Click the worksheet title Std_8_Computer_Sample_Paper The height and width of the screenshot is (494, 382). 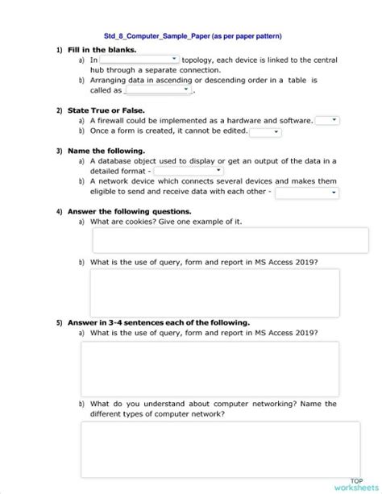(x=193, y=36)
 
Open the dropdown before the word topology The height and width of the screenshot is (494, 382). (x=139, y=60)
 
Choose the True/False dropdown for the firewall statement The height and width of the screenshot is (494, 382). (x=327, y=120)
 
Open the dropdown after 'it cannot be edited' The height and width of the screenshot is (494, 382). (x=265, y=131)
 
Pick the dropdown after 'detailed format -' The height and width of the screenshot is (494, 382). (x=189, y=171)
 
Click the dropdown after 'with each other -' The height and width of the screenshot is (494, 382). (x=307, y=193)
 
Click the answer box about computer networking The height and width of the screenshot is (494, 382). (x=209, y=450)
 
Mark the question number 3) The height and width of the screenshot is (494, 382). (x=59, y=151)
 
